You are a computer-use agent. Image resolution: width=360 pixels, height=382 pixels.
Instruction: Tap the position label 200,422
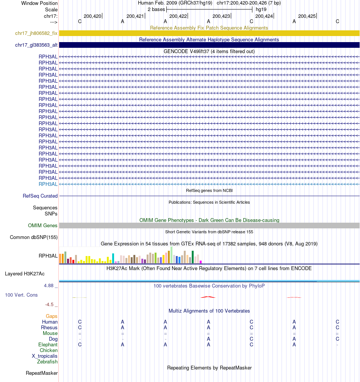[178, 16]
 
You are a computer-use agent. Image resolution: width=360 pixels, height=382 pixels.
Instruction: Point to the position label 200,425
[307, 16]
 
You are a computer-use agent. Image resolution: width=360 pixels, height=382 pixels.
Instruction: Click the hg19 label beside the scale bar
[261, 9]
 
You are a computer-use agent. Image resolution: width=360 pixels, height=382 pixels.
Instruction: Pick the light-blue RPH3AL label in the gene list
[48, 184]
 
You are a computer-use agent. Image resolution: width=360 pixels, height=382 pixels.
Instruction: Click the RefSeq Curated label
[40, 196]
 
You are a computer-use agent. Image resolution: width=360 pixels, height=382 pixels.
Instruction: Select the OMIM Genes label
[43, 226]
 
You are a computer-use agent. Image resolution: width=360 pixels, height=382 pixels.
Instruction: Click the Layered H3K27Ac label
[25, 274]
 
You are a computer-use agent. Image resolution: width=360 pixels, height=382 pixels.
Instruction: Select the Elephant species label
[48, 345]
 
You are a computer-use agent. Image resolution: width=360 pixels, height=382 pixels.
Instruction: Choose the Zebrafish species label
[47, 362]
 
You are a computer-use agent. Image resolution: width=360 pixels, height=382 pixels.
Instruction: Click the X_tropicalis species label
[45, 356]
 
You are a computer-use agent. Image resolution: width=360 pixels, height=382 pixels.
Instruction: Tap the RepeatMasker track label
[42, 373]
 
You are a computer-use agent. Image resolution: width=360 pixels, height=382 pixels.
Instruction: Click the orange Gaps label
[52, 316]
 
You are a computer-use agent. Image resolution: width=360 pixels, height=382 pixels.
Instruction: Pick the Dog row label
[53, 339]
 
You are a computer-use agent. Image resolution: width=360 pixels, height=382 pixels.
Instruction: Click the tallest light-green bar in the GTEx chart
[172, 255]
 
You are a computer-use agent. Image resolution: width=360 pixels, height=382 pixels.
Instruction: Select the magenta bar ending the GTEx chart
[201, 262]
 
